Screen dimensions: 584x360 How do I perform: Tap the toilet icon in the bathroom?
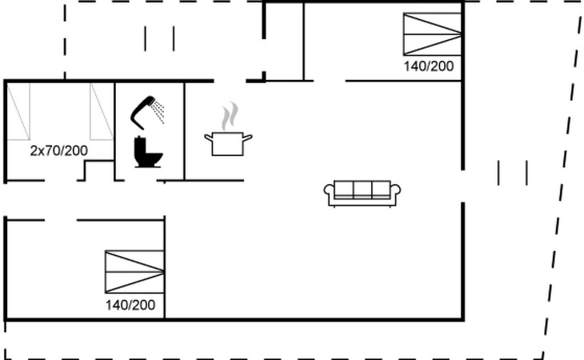click(x=147, y=153)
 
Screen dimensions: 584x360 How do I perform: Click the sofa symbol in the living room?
click(x=362, y=194)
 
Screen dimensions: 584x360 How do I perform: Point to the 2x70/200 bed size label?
click(x=59, y=150)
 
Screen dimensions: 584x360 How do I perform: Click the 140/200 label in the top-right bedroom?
click(x=429, y=66)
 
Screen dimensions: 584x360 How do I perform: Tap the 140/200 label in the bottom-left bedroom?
click(x=130, y=306)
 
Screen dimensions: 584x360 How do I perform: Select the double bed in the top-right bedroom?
click(x=433, y=34)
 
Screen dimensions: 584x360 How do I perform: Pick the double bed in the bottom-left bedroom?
click(x=134, y=272)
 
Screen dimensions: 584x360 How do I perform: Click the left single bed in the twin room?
click(x=18, y=111)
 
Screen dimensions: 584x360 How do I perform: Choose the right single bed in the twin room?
click(x=102, y=111)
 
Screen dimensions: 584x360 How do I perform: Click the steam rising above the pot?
click(x=230, y=116)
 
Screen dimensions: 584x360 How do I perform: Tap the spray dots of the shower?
click(x=158, y=111)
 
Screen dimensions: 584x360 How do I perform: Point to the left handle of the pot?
click(x=208, y=138)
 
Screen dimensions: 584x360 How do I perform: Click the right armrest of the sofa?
click(x=395, y=190)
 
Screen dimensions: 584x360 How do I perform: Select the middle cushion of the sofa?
click(x=362, y=189)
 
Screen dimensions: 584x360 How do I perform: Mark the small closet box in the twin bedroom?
click(x=99, y=170)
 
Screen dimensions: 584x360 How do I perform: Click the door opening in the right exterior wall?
click(x=463, y=186)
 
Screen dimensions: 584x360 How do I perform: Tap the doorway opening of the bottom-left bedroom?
click(x=61, y=220)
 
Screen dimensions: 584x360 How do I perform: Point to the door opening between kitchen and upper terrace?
click(x=230, y=81)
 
